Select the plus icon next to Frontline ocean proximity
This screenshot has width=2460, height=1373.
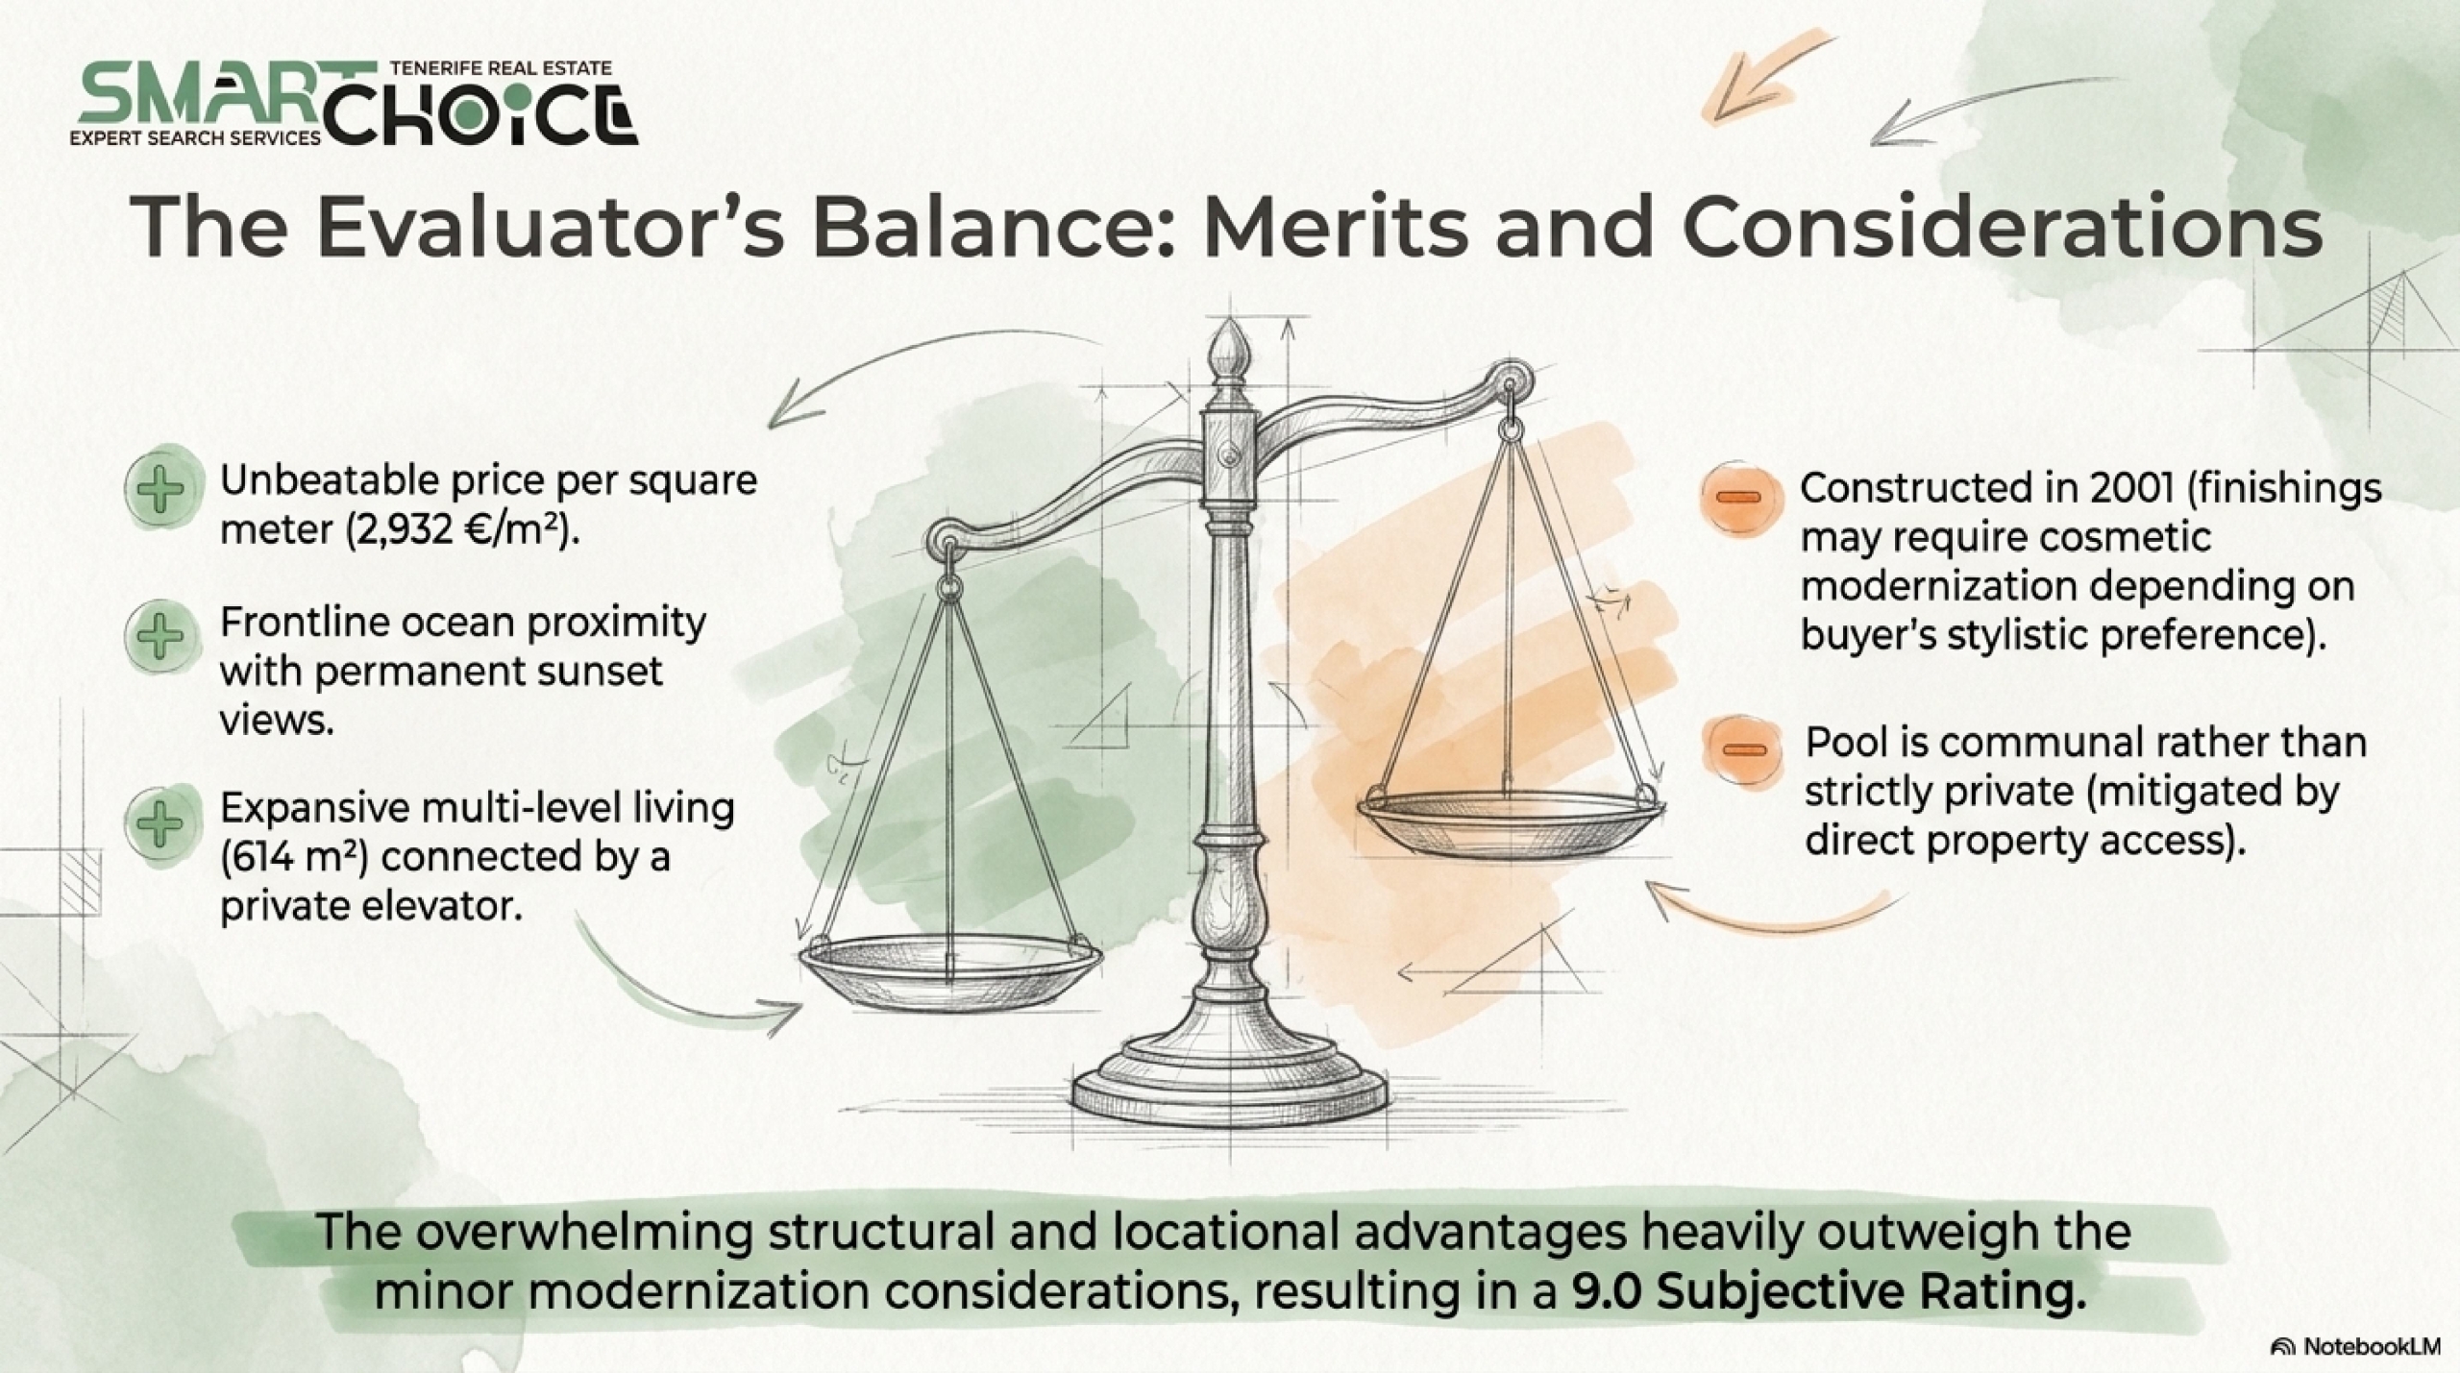(x=160, y=635)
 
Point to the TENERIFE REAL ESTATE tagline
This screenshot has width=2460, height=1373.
(x=502, y=68)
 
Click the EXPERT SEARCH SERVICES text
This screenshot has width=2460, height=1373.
(x=195, y=138)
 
